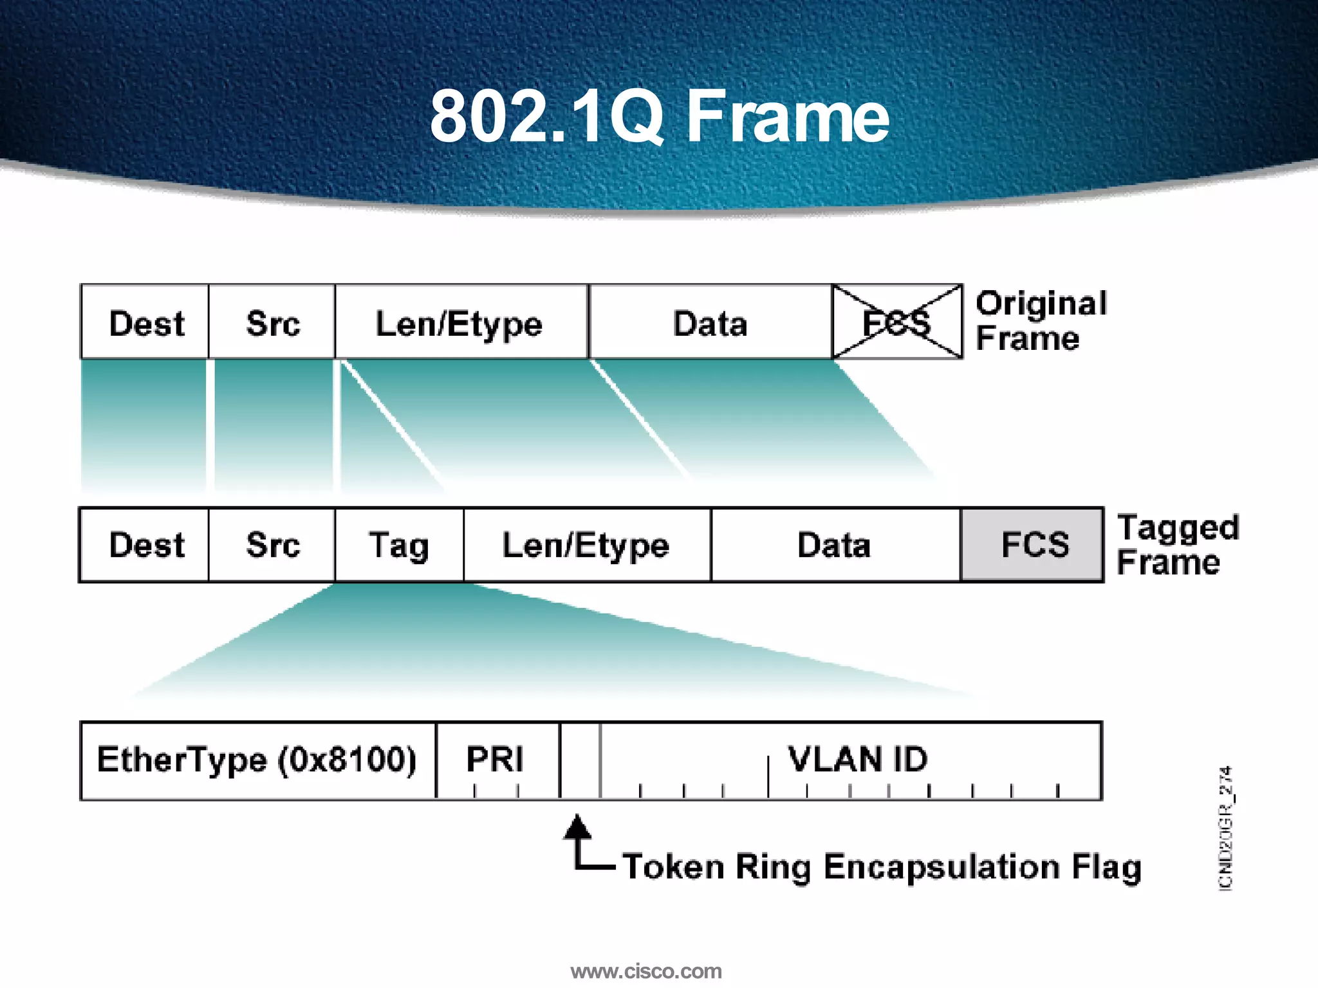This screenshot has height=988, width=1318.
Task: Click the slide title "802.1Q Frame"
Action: tap(659, 116)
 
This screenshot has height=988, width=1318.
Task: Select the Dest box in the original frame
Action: tap(145, 322)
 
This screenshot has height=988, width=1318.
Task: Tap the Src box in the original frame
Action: tap(272, 322)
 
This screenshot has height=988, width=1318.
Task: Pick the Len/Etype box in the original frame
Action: tap(461, 322)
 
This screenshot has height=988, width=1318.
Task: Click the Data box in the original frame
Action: tap(710, 322)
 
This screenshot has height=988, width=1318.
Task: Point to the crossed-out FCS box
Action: tap(897, 322)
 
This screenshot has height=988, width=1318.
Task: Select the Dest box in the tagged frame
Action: tap(145, 545)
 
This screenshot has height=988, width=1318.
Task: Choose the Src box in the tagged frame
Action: tap(272, 545)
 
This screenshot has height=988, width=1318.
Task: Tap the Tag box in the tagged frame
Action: tap(399, 545)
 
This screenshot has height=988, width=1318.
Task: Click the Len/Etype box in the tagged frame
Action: tap(586, 545)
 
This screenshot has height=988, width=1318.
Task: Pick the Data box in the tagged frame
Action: tap(835, 545)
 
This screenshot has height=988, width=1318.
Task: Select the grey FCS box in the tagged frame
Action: tap(1032, 545)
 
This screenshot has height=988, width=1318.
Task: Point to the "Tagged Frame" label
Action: tap(1177, 544)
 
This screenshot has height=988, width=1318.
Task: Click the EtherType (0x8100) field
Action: tap(257, 760)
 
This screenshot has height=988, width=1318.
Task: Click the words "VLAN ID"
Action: tap(858, 758)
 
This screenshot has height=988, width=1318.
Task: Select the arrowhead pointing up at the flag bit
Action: tap(577, 827)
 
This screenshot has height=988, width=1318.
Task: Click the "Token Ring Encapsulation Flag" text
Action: tap(882, 866)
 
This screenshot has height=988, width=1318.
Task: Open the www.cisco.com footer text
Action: tap(646, 971)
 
